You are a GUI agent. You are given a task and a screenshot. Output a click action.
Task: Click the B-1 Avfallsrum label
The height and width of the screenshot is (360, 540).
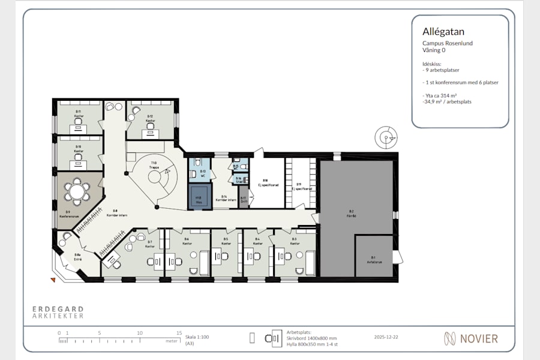[x=373, y=259]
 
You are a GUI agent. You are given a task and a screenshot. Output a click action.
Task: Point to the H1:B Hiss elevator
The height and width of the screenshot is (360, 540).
[x=199, y=196]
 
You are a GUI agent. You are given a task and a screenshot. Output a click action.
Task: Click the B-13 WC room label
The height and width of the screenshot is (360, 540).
[x=203, y=173]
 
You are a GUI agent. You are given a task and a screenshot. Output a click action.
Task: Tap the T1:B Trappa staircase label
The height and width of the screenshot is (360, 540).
[x=154, y=165]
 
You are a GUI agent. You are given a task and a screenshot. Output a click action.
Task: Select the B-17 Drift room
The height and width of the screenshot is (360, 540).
[x=244, y=200]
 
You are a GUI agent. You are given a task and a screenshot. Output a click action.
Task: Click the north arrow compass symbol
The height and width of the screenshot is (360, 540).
[x=385, y=138]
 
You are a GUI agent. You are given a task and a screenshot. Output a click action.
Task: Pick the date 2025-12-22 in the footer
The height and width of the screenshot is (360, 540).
[x=385, y=337]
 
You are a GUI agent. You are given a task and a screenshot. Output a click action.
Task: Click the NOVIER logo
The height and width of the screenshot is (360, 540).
[x=471, y=338]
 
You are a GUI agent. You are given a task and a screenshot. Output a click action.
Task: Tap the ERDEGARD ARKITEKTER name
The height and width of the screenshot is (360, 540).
[x=58, y=312]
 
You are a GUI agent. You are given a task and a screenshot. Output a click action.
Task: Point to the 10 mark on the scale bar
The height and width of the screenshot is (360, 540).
[x=140, y=333]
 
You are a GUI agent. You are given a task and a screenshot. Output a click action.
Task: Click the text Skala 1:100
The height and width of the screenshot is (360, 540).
[x=197, y=337]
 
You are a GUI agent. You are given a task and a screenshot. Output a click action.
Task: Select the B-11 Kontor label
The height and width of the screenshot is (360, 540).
[x=79, y=113]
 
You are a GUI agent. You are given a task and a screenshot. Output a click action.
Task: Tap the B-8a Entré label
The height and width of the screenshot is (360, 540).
[x=77, y=257]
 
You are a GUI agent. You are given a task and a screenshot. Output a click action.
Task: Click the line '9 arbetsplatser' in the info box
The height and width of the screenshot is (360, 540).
[x=443, y=70]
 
